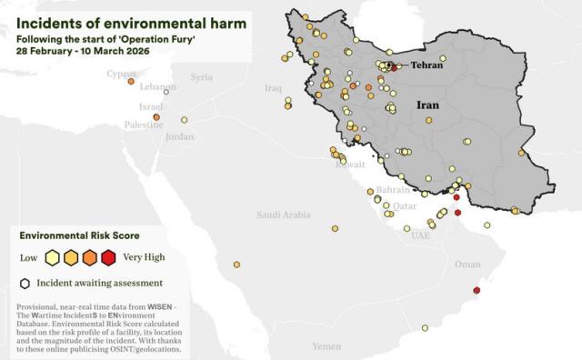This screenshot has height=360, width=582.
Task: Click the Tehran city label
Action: (x=426, y=66)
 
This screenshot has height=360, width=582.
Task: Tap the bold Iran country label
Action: (x=428, y=105)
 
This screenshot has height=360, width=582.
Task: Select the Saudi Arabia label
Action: (x=282, y=215)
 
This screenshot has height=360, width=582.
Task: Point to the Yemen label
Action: (x=326, y=346)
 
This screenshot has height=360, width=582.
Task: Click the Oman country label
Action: (x=467, y=265)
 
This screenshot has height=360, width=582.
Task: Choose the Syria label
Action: (x=201, y=77)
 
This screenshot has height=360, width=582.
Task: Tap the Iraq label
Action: (x=273, y=88)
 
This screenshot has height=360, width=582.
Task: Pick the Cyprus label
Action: (x=121, y=74)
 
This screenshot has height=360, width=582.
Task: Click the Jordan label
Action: (x=180, y=136)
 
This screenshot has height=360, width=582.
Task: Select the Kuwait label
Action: (x=350, y=165)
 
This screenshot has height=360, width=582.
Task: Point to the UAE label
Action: (x=420, y=235)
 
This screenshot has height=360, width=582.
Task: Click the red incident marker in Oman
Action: (x=477, y=293)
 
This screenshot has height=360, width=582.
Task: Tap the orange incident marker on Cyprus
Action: (x=131, y=82)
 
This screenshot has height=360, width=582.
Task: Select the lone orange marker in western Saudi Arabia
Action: (x=237, y=265)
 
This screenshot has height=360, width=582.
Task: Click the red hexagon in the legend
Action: (x=108, y=257)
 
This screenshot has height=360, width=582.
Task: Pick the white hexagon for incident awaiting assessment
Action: (x=26, y=283)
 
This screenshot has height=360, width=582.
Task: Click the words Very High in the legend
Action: (x=145, y=257)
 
